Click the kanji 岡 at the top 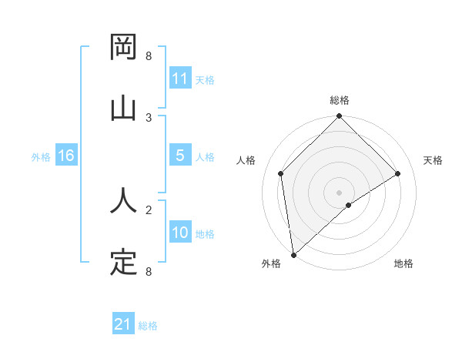pyautogui.click(x=124, y=49)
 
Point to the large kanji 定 pyautogui.click(x=124, y=263)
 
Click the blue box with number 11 pyautogui.click(x=180, y=79)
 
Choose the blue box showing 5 pyautogui.click(x=180, y=156)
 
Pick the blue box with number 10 pyautogui.click(x=180, y=233)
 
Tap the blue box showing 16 pyautogui.click(x=66, y=156)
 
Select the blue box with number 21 pyautogui.click(x=123, y=324)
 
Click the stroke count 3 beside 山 pyautogui.click(x=149, y=117)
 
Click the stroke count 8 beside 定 pyautogui.click(x=149, y=271)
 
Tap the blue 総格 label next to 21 pyautogui.click(x=148, y=326)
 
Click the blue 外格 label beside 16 pyautogui.click(x=41, y=156)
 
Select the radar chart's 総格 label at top pyautogui.click(x=340, y=100)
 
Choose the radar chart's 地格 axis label pyautogui.click(x=403, y=263)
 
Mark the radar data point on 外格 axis pyautogui.click(x=293, y=255)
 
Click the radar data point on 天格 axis pyautogui.click(x=398, y=173)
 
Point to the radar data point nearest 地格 pyautogui.click(x=349, y=205)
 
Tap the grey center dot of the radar pyautogui.click(x=340, y=192)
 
